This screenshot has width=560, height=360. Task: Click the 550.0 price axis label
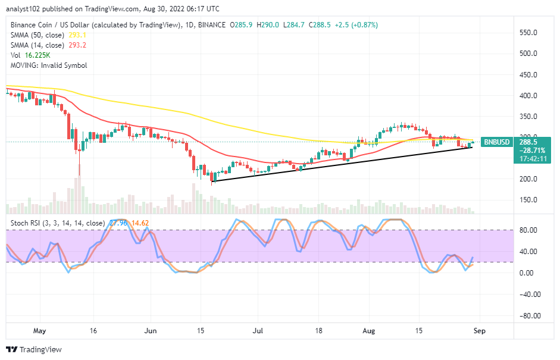pyautogui.click(x=528, y=32)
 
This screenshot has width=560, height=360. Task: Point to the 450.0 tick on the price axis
pyautogui.click(x=528, y=74)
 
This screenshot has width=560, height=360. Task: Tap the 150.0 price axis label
pyautogui.click(x=528, y=200)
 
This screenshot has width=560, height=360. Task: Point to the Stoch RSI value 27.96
pyautogui.click(x=114, y=223)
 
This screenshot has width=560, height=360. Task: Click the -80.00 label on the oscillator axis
pyautogui.click(x=528, y=315)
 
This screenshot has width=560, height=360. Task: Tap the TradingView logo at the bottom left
pyautogui.click(x=34, y=350)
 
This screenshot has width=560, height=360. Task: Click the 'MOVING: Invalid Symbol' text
pyautogui.click(x=48, y=65)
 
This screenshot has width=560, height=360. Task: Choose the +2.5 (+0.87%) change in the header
pyautogui.click(x=356, y=25)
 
